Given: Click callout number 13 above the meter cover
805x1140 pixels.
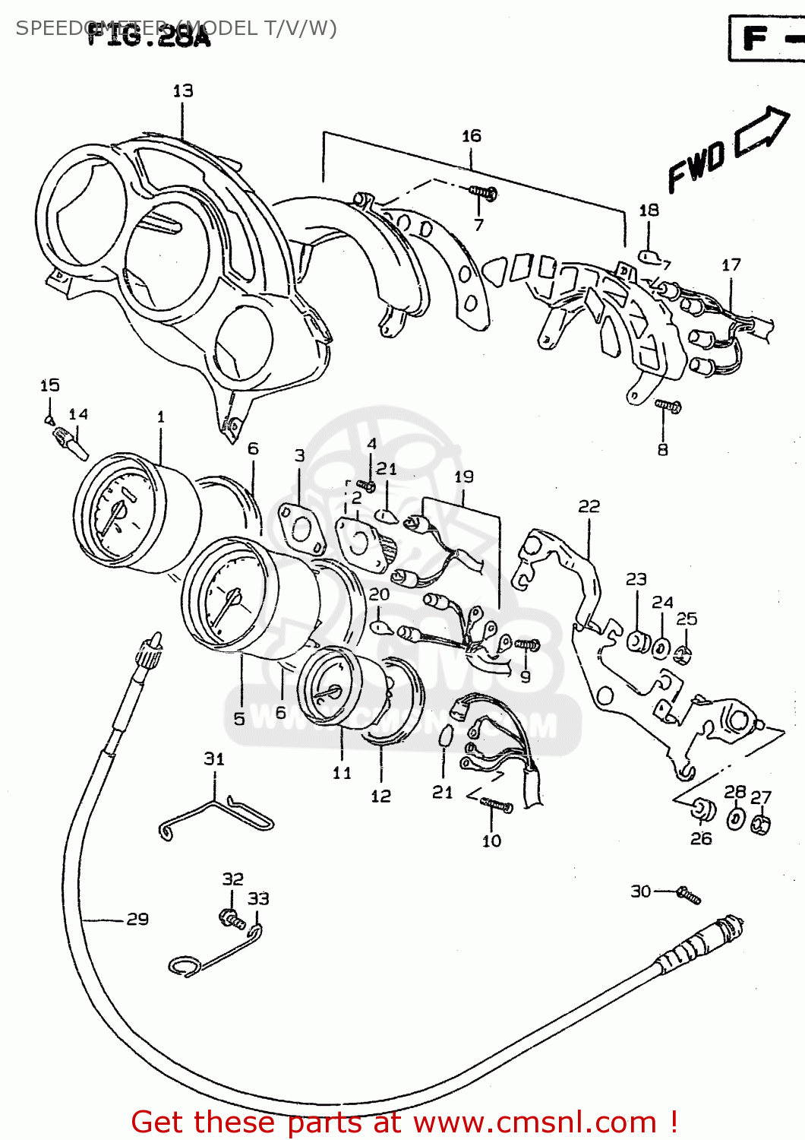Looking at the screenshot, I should [x=183, y=91].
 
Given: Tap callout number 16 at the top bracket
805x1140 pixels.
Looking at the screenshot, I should [x=472, y=136].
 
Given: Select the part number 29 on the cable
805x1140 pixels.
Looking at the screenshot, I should [x=137, y=919].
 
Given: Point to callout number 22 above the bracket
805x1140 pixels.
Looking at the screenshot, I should [x=589, y=506].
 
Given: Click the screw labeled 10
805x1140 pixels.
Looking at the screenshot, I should [x=497, y=805].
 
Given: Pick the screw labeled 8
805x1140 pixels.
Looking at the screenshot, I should [x=668, y=407].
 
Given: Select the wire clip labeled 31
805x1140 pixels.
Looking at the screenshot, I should [x=216, y=817].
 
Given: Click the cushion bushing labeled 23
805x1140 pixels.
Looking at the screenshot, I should [x=637, y=641].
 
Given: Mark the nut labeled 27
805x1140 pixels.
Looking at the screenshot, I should [x=761, y=825].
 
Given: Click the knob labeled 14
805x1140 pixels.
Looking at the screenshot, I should [x=70, y=442].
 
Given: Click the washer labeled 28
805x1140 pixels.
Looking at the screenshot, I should [x=736, y=819].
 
